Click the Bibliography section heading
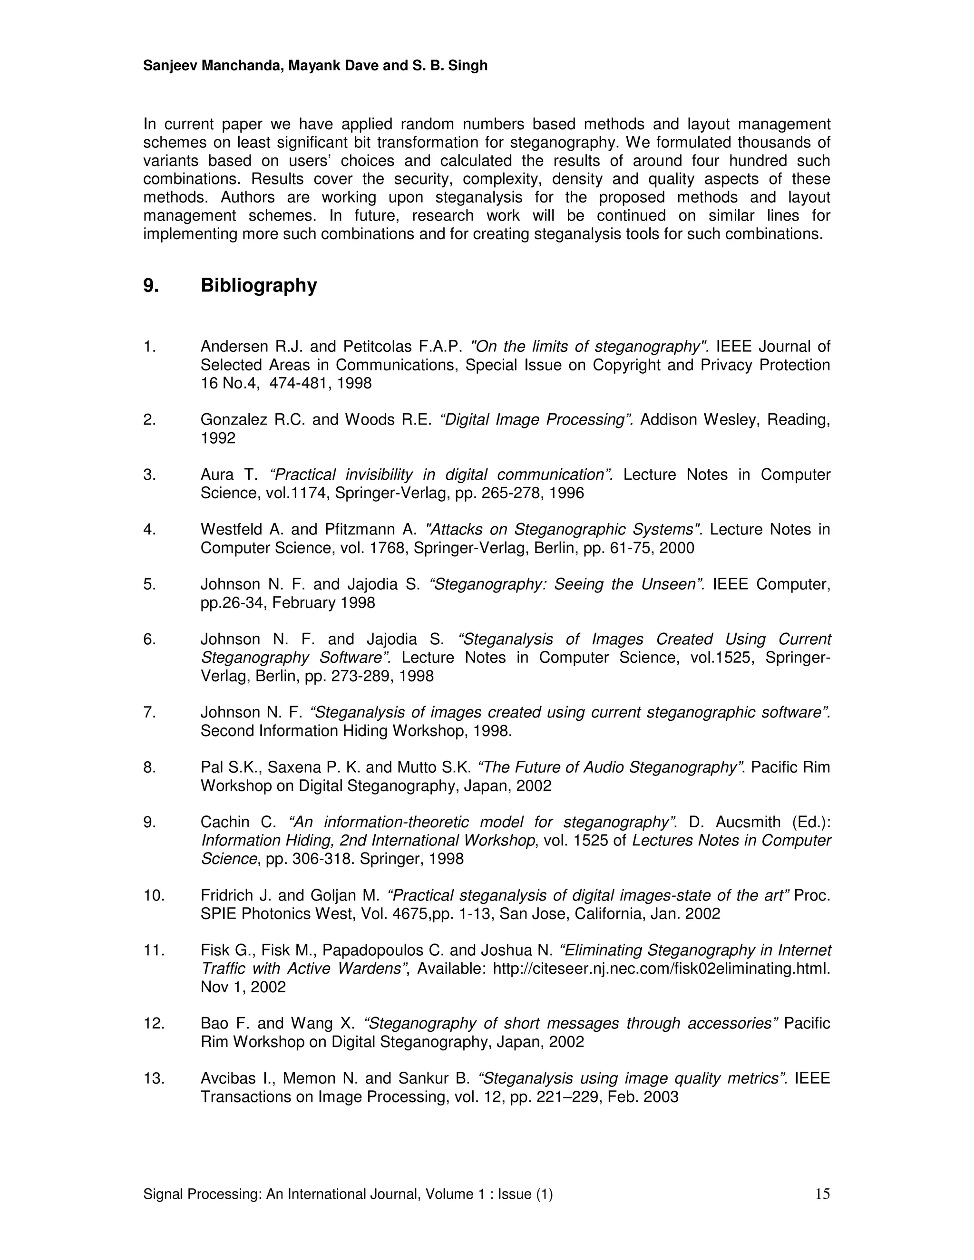tap(259, 286)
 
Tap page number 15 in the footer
tap(822, 1193)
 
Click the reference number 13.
tap(154, 1078)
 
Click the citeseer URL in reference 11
tap(661, 969)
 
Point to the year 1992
tap(218, 438)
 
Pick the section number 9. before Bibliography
tap(151, 286)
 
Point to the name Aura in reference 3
tap(217, 475)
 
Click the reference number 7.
tap(149, 713)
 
